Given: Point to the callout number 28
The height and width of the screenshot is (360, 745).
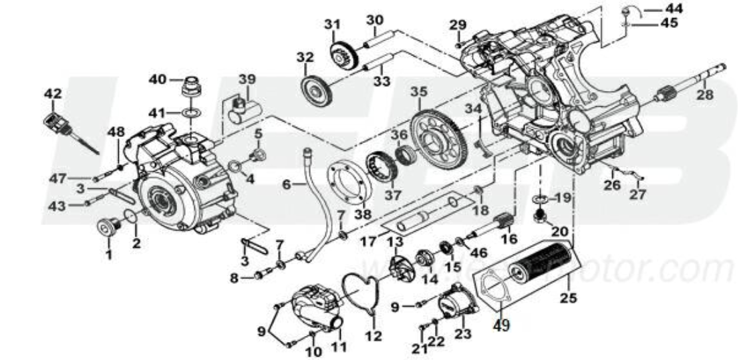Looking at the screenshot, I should [704, 95].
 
